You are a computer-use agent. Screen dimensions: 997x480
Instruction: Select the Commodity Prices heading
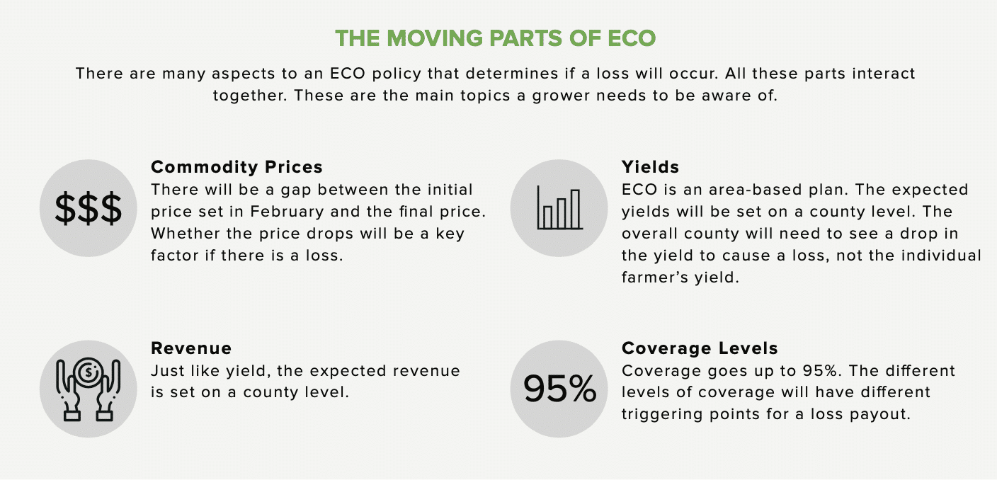(237, 167)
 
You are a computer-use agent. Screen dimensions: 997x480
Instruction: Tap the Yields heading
(650, 167)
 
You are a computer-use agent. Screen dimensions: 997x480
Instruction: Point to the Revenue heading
(191, 348)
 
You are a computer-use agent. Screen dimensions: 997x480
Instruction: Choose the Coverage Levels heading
(700, 348)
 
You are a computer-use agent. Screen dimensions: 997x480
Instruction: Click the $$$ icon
(88, 207)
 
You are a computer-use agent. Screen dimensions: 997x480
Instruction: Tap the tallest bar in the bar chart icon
(575, 209)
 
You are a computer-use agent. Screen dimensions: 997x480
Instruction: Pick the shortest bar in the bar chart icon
(548, 217)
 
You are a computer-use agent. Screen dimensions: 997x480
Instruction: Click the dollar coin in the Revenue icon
(89, 372)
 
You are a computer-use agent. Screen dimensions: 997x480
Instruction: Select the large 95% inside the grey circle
(559, 389)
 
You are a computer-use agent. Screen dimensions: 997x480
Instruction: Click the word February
(287, 212)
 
